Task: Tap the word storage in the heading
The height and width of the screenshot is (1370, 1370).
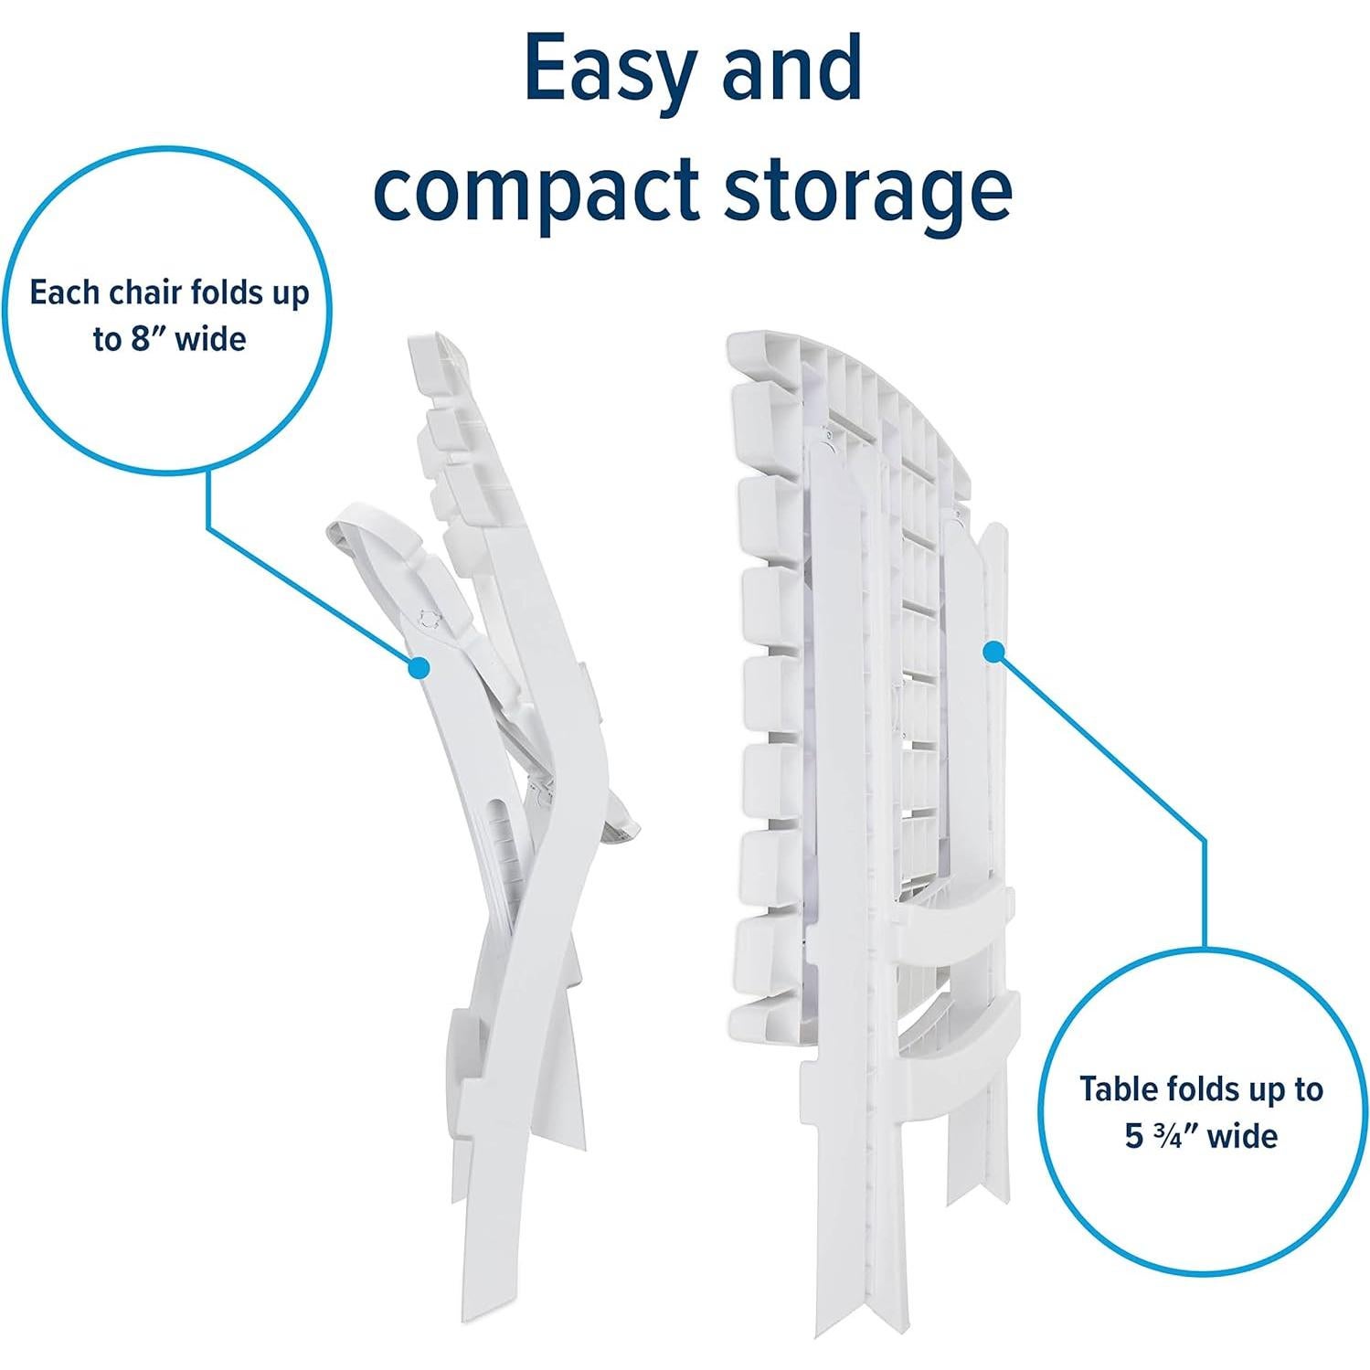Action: coord(868,195)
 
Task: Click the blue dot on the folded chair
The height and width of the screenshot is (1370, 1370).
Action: coord(419,669)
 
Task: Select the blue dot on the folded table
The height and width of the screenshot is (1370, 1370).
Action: coord(993,651)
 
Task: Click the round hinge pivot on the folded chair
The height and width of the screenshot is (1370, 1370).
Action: coord(428,618)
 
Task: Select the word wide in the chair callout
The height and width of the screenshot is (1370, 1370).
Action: coord(211,339)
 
